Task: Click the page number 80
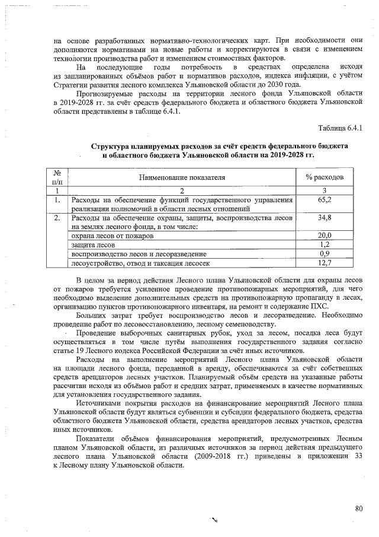point(358,508)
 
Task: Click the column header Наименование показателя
point(182,177)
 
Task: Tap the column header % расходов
point(325,177)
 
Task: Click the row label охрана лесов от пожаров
point(113,236)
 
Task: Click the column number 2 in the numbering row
point(182,190)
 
